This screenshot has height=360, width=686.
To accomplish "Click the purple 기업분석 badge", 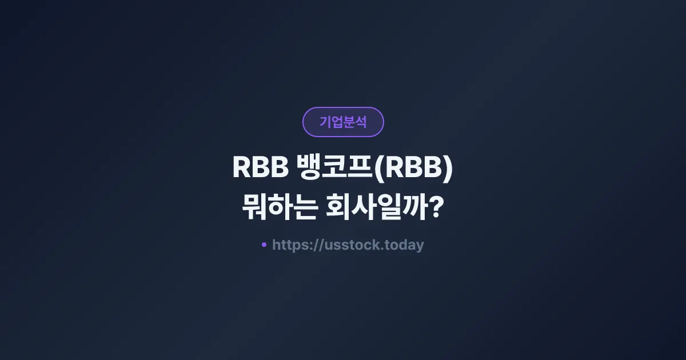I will click(343, 122).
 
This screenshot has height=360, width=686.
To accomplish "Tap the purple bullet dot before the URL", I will click(264, 245).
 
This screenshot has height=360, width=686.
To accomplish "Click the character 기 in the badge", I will click(325, 122).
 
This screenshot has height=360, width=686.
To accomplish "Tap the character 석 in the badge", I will click(361, 122).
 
